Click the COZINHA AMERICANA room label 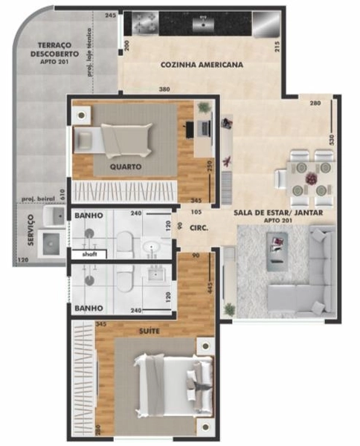click(x=202, y=65)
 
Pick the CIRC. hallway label click(x=198, y=229)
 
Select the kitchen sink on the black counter click(x=203, y=23)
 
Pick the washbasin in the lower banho click(x=158, y=276)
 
